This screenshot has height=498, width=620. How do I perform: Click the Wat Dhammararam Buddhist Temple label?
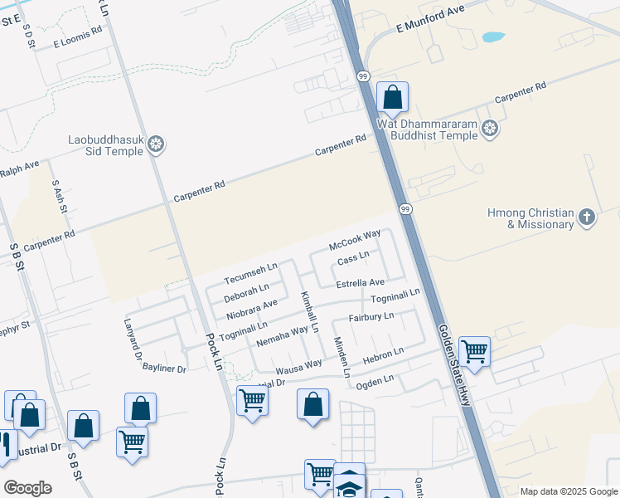(x=429, y=129)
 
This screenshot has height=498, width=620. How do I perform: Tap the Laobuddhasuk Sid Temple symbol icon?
(x=155, y=146)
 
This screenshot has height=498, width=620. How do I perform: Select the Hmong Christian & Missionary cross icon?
(x=587, y=218)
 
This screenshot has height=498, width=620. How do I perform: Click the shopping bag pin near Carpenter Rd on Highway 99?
(x=392, y=97)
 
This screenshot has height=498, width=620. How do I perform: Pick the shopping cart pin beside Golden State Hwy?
(x=474, y=351)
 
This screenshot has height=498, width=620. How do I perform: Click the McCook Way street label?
(x=355, y=241)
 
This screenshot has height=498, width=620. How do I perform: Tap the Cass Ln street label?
(x=353, y=261)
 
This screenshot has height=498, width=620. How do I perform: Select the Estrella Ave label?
(x=360, y=283)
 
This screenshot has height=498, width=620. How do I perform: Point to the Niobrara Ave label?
(x=251, y=310)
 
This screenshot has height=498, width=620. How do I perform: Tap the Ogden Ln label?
(x=374, y=381)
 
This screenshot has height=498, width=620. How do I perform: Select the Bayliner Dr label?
(x=164, y=367)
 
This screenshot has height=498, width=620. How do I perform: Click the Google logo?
(x=27, y=488)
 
